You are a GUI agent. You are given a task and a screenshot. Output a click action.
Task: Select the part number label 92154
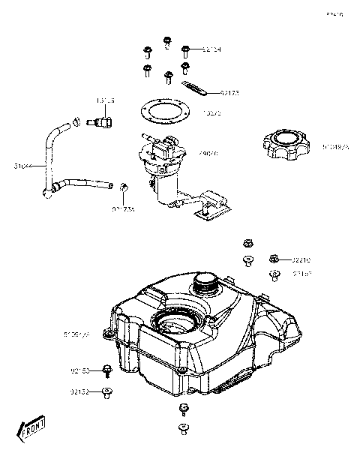click(x=211, y=49)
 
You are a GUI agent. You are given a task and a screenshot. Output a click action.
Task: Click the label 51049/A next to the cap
click(x=336, y=147)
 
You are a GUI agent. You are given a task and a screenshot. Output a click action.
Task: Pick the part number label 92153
click(x=80, y=370)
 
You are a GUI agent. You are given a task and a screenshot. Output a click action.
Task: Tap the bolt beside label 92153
click(x=108, y=369)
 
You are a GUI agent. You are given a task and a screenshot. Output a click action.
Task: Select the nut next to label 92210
click(x=274, y=258)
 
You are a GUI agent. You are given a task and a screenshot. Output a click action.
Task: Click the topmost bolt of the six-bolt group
click(x=166, y=40)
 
